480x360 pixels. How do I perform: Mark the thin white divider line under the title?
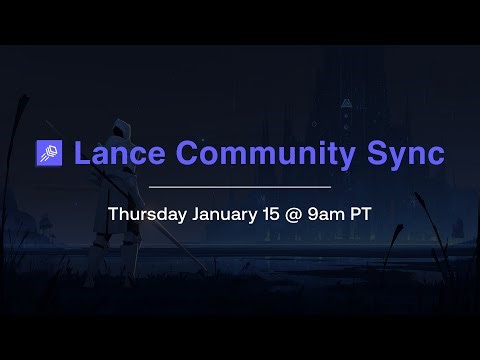tap(240, 187)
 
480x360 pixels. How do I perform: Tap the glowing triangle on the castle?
tap(346, 102)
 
